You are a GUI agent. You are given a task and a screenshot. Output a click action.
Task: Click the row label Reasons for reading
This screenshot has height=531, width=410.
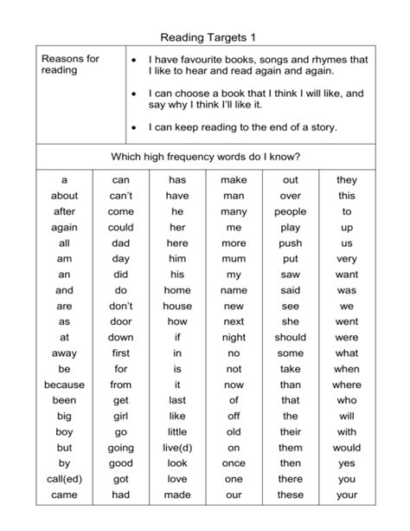pyautogui.click(x=70, y=65)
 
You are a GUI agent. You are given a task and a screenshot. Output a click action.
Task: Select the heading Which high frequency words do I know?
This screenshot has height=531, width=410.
pyautogui.click(x=205, y=157)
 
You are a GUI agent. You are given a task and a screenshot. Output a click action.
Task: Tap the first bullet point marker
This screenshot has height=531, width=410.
pyautogui.click(x=134, y=60)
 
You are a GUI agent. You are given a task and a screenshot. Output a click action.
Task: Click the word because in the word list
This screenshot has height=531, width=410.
pyautogui.click(x=64, y=385)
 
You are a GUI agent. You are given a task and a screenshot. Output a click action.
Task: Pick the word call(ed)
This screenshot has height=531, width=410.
pyautogui.click(x=64, y=479)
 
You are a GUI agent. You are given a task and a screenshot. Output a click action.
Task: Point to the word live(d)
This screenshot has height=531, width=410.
pyautogui.click(x=177, y=448)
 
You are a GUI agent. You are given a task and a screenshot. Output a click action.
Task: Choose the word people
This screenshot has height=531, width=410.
pyautogui.click(x=291, y=211)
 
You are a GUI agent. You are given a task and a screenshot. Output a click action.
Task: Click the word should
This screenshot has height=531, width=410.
pyautogui.click(x=291, y=338)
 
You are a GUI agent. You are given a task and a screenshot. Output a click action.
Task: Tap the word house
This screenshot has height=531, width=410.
pyautogui.click(x=177, y=307)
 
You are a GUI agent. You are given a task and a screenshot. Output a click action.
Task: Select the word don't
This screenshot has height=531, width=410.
pyautogui.click(x=121, y=307)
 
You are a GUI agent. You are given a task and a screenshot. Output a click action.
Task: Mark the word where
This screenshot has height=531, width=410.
pyautogui.click(x=347, y=385)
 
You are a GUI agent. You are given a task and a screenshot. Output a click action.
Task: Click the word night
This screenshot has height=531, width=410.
pyautogui.click(x=234, y=338)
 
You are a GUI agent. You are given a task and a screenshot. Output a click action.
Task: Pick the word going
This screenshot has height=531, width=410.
pyautogui.click(x=121, y=448)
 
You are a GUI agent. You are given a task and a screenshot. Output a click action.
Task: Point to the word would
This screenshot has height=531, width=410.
pyautogui.click(x=347, y=448)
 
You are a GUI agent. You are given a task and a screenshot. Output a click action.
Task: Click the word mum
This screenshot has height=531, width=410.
pyautogui.click(x=234, y=259)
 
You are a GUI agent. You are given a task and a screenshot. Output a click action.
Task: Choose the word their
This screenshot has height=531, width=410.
pyautogui.click(x=291, y=432)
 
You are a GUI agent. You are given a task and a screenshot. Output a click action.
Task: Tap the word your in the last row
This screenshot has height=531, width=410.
pyautogui.click(x=347, y=495)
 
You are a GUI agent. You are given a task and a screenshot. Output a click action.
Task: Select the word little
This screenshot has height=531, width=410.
pyautogui.click(x=177, y=432)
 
